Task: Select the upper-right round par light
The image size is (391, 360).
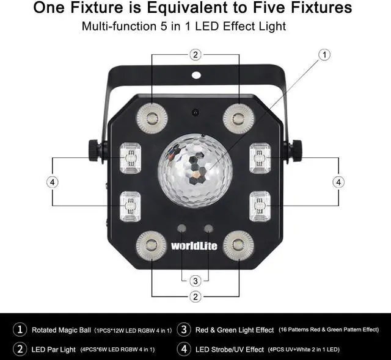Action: [238, 118]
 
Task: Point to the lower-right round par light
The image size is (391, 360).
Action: [238, 246]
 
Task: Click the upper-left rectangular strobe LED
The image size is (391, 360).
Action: [129, 158]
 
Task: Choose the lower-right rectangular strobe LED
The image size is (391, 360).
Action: [260, 206]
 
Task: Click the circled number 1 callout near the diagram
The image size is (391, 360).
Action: [324, 54]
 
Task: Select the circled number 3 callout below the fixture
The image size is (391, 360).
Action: [195, 281]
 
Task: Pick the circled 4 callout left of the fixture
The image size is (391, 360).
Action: [53, 182]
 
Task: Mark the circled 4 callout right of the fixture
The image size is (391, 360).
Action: [338, 182]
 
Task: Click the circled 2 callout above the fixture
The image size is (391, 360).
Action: [195, 55]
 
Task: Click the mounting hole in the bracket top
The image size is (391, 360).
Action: [195, 76]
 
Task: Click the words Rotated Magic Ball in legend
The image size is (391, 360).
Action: [61, 330]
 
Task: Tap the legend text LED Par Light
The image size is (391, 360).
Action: [53, 349]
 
